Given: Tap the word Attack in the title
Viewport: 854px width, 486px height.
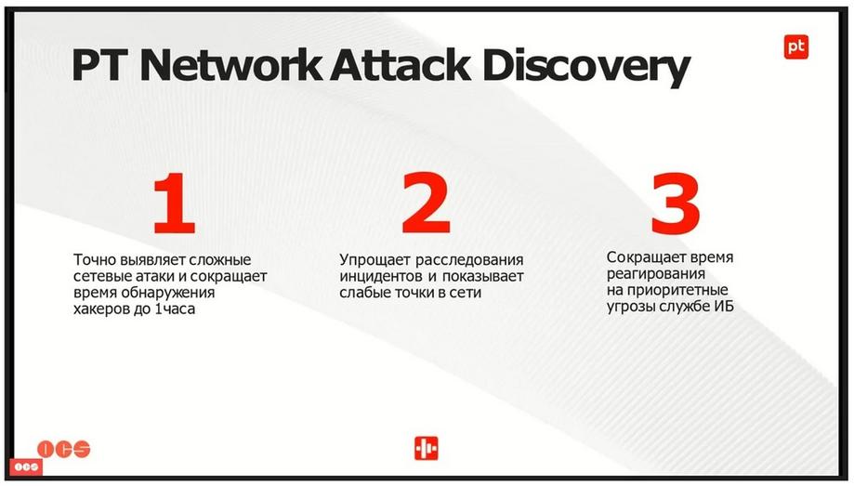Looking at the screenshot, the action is (401, 65).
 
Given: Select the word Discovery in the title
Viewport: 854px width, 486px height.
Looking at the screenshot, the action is (586, 68).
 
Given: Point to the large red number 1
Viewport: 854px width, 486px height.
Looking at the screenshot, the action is (175, 203).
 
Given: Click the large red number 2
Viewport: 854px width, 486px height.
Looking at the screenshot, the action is (427, 203).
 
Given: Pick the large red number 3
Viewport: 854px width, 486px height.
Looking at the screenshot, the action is (676, 204).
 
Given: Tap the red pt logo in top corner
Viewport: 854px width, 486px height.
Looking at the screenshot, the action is (795, 46).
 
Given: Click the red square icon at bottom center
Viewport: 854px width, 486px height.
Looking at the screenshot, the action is (426, 448).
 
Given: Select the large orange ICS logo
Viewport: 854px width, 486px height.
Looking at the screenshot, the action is (64, 449).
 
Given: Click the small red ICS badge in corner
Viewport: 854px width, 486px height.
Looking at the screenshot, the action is (26, 467).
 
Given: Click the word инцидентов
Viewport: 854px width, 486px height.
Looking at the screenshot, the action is (381, 277).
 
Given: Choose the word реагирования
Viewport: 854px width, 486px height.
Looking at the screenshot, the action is (656, 274).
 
